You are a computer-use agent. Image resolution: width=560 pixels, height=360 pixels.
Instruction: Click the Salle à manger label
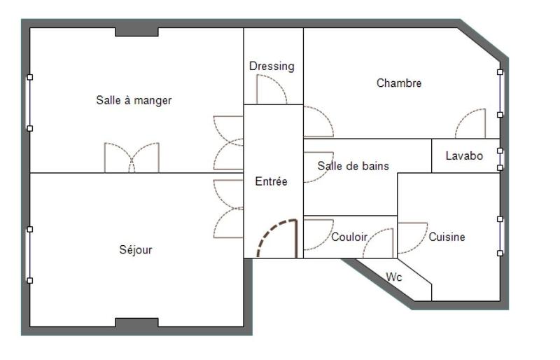tap(134, 100)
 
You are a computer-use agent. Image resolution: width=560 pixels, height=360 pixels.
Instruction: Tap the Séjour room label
tap(135, 249)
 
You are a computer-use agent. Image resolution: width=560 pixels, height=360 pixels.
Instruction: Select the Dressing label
tap(272, 66)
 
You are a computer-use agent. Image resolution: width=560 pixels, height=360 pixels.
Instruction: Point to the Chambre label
tap(399, 83)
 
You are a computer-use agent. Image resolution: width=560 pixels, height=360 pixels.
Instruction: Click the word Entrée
tap(271, 181)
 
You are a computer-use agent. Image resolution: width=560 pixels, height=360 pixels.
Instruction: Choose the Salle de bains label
tap(353, 166)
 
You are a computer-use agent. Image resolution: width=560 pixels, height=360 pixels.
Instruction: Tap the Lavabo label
tap(464, 155)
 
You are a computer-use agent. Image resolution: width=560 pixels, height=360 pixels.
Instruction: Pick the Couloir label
tap(349, 237)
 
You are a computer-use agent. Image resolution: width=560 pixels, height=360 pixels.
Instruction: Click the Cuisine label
tap(447, 237)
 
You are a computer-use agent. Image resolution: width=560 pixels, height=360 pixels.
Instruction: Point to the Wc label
tap(394, 277)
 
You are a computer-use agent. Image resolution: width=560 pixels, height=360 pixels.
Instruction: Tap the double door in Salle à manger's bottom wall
tap(132, 158)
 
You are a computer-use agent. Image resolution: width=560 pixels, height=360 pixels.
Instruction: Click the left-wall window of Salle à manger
tap(29, 102)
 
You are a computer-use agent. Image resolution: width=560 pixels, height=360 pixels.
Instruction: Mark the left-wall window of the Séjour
tap(29, 254)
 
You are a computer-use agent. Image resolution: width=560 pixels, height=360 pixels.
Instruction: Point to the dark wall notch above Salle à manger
tap(136, 32)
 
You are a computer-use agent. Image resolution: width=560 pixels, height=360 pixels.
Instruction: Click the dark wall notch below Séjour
tap(136, 322)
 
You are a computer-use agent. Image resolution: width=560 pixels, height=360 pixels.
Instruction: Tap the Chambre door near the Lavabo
tap(470, 123)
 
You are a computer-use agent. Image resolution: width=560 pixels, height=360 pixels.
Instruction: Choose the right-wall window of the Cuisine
tap(500, 236)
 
